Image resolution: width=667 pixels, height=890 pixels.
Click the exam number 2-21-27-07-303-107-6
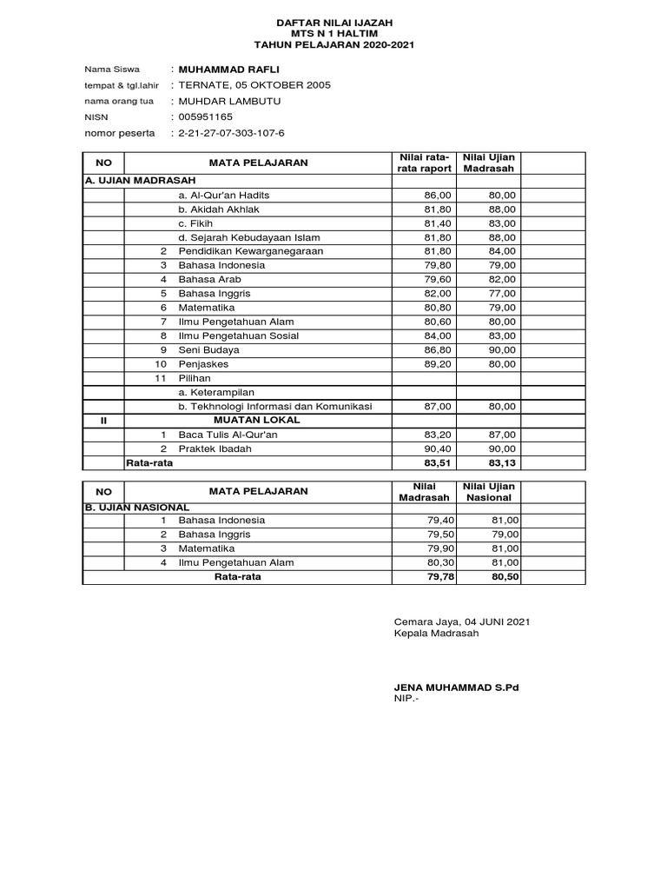[231, 133]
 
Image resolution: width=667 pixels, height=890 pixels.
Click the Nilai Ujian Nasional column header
[490, 491]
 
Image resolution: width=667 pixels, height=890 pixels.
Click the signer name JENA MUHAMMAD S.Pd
[456, 687]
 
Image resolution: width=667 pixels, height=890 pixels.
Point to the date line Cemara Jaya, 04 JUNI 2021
[462, 621]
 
